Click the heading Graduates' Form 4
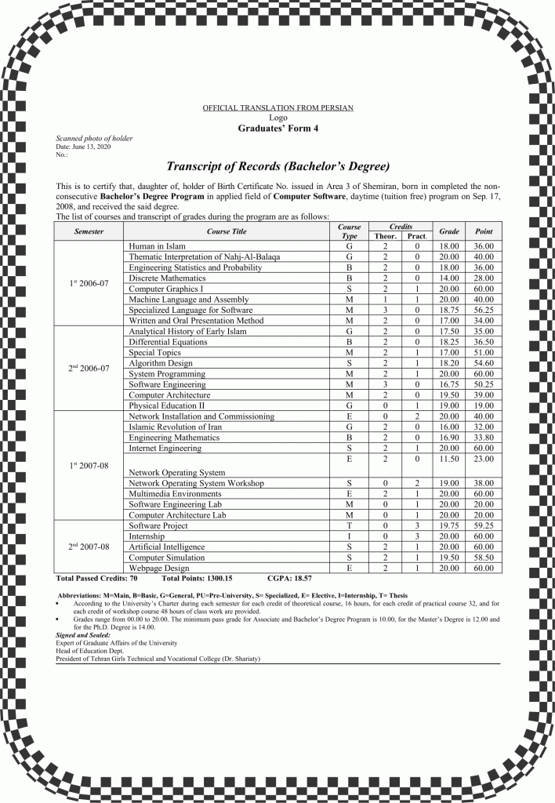point(277,129)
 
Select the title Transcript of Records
point(277,167)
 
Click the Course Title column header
point(227,231)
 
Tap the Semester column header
point(89,231)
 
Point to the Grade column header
point(449,231)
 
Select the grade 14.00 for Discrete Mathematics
point(449,278)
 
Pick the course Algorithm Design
point(161,363)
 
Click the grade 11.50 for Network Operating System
point(449,457)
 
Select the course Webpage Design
point(159,567)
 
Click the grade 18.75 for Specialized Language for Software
point(449,310)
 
